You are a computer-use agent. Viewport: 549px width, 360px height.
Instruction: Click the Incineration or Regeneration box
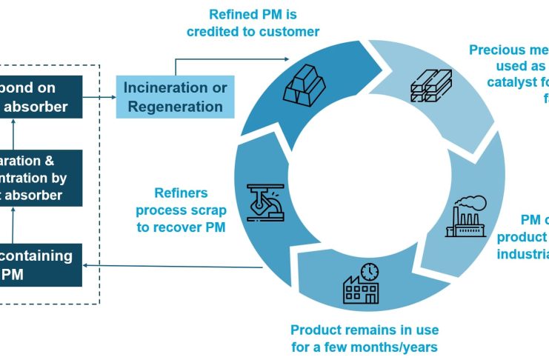[x=175, y=97]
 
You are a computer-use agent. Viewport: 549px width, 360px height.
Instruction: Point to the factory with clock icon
[x=361, y=283]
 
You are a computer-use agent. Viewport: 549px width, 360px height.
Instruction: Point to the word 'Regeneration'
[x=175, y=106]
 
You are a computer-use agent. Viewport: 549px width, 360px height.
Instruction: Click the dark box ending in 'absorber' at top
[x=46, y=97]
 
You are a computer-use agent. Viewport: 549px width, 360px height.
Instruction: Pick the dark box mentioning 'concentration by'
[x=46, y=178]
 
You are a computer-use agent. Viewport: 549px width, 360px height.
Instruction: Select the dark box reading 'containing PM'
[x=46, y=264]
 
